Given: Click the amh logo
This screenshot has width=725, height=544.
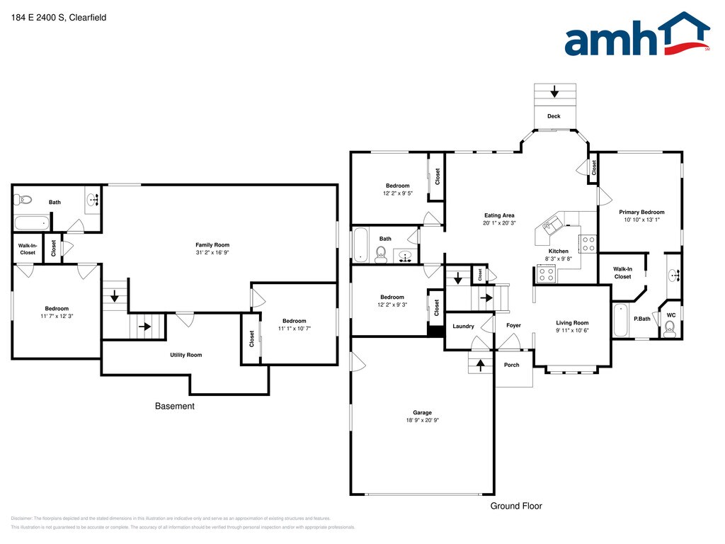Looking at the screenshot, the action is tap(636, 35).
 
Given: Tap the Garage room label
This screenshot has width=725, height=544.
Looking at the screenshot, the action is tap(422, 412).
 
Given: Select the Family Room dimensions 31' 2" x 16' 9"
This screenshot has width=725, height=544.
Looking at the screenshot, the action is tap(212, 252).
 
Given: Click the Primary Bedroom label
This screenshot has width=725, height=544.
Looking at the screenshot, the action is tap(641, 212).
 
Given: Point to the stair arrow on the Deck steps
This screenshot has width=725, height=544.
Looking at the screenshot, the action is tap(554, 92).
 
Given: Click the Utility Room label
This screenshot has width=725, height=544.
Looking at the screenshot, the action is tap(185, 355).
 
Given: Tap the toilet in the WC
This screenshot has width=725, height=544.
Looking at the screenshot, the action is tap(670, 327).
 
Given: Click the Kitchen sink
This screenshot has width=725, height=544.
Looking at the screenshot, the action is tap(550, 226).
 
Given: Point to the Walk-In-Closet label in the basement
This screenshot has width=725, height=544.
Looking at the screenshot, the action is tap(27, 249).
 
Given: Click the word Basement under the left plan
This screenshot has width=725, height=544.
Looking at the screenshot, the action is tap(174, 406).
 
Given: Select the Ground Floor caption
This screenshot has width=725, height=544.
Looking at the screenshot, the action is tap(516, 506).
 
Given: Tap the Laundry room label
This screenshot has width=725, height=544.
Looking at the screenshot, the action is tap(463, 326).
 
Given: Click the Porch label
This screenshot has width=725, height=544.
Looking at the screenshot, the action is tap(511, 365).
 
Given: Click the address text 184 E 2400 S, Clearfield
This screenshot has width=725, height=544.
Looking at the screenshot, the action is tap(59, 18).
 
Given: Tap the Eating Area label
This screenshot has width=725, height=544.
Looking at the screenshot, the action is tap(499, 215).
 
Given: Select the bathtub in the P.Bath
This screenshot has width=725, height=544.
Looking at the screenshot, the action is tap(620, 320).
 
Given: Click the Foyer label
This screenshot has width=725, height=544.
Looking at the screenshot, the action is tap(513, 326).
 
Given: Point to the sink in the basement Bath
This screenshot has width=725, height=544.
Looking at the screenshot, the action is tap(93, 201).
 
